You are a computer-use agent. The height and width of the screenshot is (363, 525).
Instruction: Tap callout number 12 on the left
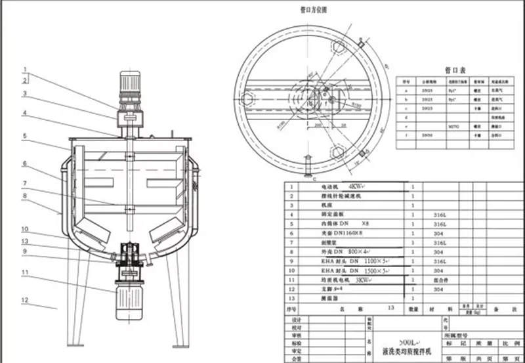tap(24, 300)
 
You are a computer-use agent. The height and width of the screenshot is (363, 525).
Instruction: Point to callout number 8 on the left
tap(24, 195)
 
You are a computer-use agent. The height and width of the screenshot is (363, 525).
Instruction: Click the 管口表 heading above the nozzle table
tap(455, 68)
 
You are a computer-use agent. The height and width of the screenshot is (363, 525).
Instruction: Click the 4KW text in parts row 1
tap(349, 186)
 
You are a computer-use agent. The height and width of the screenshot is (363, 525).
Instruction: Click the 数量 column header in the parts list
tap(414, 308)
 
